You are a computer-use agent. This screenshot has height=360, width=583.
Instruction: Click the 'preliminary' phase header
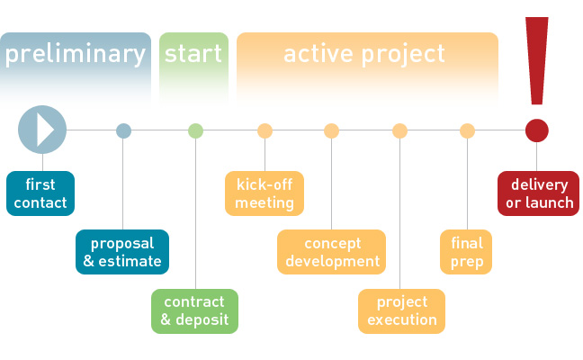pos(76,54)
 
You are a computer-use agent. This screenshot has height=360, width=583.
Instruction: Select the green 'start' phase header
pos(193,54)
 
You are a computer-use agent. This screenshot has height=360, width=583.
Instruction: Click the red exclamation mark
pos(538,58)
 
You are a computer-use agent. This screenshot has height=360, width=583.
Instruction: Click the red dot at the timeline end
pos(537,130)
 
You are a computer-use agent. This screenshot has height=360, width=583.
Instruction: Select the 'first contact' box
pos(40,193)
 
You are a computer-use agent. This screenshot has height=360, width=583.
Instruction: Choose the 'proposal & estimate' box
pos(122,252)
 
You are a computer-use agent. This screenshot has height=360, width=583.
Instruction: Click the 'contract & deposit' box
pos(194,310)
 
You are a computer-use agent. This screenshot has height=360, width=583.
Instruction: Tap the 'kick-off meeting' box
pos(265,193)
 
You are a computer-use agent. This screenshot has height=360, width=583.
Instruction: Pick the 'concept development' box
pos(331,252)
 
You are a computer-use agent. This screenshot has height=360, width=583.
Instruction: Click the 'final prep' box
pos(466,252)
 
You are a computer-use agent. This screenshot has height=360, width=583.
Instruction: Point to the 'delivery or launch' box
pos(539,193)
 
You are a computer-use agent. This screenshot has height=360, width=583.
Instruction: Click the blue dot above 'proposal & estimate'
pos(124,130)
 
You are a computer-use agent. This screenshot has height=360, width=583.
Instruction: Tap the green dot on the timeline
pos(195,130)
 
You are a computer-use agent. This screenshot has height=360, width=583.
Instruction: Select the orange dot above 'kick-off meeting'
pos(265,130)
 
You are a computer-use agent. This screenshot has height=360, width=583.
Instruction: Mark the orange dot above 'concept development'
pos(331,130)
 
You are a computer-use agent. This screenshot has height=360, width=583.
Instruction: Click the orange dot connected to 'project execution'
pos(399,130)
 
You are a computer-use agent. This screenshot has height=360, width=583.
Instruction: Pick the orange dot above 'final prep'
pos(467,130)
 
